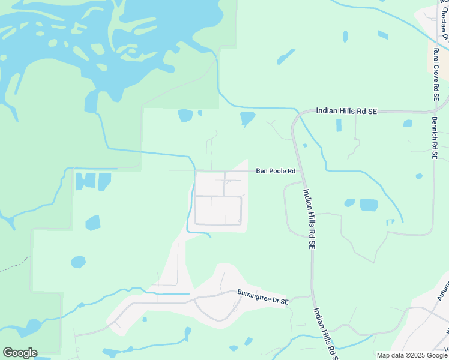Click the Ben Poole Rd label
point(276,171)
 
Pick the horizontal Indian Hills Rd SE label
point(346,112)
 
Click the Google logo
point(20,353)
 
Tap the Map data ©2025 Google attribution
point(412,355)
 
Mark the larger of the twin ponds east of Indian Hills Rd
point(369,205)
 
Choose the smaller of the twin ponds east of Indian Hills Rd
point(349,203)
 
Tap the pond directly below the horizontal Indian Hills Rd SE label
point(339,125)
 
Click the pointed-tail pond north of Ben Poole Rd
point(247,118)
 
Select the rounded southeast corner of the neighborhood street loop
point(240,223)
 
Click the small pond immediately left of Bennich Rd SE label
point(408,124)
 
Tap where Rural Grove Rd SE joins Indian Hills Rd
point(433,110)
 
